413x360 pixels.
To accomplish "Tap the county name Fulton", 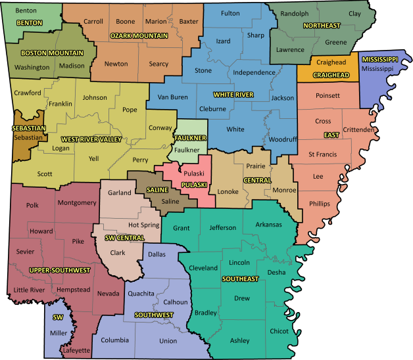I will pos(230,13).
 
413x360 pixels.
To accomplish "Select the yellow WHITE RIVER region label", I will pos(233,95).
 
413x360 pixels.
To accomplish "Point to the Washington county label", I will pos(32,67).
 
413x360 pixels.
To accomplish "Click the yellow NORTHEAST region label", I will pos(321,26).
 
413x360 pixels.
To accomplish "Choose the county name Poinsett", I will pos(328,96).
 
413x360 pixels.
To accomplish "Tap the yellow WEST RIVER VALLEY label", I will pos(91,139).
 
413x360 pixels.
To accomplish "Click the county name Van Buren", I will pos(172,97).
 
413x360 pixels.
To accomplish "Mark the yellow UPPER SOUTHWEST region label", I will pos(59,270).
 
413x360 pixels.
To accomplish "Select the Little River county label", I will pos(29,290).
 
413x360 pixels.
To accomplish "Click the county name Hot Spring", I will pos(143,225).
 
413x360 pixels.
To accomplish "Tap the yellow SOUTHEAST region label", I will pos(240,279).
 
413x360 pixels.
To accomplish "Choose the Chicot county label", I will pos(279,331).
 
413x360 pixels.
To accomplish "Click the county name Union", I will pos(168,341).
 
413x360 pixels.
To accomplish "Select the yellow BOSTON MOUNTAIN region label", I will pos(52,53).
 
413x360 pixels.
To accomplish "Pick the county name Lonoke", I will pos(228,191).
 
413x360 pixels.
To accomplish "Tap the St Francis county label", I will pos(322,154).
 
